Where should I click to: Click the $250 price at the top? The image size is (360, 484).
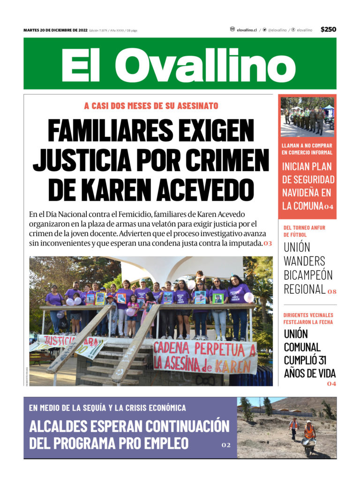click(x=328, y=30)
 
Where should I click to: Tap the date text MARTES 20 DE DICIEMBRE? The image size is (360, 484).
click(x=55, y=30)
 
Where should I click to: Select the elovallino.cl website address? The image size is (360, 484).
click(x=247, y=30)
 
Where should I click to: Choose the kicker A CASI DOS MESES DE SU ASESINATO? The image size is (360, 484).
click(x=151, y=106)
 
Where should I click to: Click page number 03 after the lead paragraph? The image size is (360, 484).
click(x=268, y=244)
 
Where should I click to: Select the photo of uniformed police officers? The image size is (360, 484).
click(x=307, y=117)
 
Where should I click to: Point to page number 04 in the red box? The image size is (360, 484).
click(x=329, y=207)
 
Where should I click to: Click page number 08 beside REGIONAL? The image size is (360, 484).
click(x=332, y=291)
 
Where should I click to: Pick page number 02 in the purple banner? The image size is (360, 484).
click(x=226, y=445)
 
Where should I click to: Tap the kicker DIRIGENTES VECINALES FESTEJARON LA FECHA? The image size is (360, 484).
click(x=308, y=319)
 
